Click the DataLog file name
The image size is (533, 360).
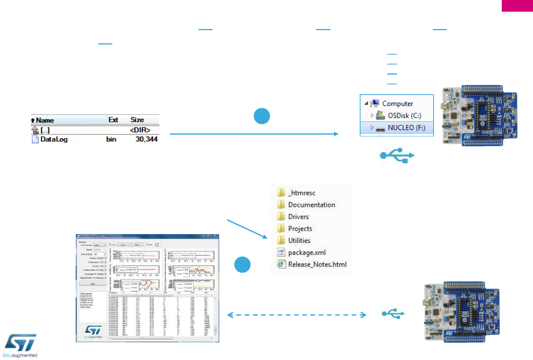pyautogui.click(x=54, y=139)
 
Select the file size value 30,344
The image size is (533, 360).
pyautogui.click(x=146, y=139)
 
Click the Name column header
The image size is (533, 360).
pyautogui.click(x=45, y=120)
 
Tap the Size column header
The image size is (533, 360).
pyautogui.click(x=137, y=120)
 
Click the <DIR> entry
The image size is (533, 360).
pyautogui.click(x=140, y=130)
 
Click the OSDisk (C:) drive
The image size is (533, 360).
pyautogui.click(x=404, y=116)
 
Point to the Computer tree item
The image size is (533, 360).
pyautogui.click(x=397, y=104)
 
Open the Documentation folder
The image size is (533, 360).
pyautogui.click(x=311, y=205)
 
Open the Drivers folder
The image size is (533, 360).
pyautogui.click(x=298, y=217)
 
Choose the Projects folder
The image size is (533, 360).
pyautogui.click(x=300, y=229)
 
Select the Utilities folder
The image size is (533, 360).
pyautogui.click(x=299, y=241)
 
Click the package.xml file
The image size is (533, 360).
pyautogui.click(x=307, y=253)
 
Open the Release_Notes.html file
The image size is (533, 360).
pyautogui.click(x=317, y=265)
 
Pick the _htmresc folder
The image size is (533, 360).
pyautogui.click(x=301, y=193)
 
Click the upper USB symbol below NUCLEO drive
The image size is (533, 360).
pyautogui.click(x=397, y=155)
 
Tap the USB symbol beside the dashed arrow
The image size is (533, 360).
pyautogui.click(x=393, y=314)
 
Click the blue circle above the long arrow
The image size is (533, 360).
pyautogui.click(x=262, y=116)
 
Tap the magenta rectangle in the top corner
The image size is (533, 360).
pyautogui.click(x=517, y=6)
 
